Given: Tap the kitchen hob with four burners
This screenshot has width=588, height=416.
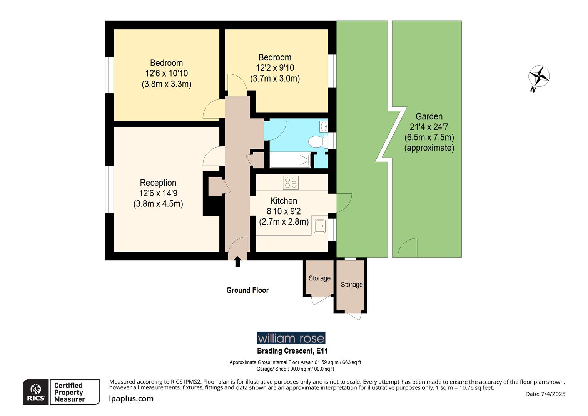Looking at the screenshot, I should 291,182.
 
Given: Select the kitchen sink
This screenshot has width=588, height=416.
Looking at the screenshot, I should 319,226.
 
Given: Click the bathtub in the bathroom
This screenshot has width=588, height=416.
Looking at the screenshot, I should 290,160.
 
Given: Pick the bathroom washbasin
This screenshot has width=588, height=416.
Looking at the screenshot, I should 324,126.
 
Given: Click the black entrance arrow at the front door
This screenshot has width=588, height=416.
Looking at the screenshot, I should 237,262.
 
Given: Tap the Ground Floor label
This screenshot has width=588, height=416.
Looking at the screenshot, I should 247,290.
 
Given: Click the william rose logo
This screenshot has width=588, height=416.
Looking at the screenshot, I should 291,338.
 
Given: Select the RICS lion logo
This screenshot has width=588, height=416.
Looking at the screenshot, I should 36,392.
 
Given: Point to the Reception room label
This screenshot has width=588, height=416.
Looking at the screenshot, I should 158,183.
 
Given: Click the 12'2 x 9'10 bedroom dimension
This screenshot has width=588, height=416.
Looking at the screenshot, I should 275,68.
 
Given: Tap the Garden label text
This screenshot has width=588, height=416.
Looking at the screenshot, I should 429,116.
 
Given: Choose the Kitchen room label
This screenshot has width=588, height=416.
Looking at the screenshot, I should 284,201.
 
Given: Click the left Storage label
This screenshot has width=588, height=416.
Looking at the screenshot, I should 319,278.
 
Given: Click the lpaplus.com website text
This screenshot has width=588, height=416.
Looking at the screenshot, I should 131,399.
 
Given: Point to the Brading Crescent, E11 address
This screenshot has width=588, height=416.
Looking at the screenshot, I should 292,351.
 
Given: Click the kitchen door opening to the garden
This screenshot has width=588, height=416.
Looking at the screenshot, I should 343,203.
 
